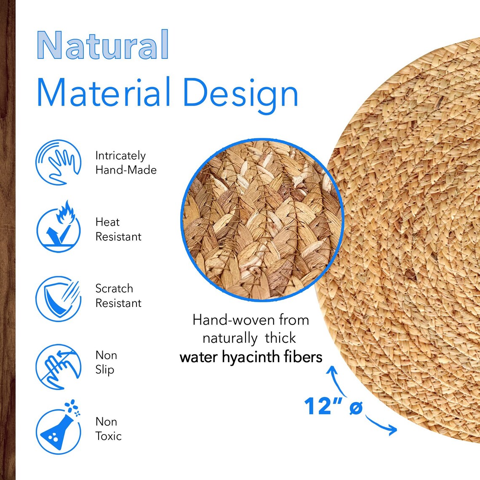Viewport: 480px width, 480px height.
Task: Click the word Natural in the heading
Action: pyautogui.click(x=103, y=45)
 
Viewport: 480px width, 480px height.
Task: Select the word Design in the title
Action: pyautogui.click(x=240, y=93)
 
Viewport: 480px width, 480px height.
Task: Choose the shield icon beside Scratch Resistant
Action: pyautogui.click(x=58, y=298)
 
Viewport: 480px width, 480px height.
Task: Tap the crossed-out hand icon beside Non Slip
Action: pyautogui.click(x=58, y=366)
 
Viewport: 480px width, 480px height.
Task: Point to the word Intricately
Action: pyautogui.click(x=120, y=156)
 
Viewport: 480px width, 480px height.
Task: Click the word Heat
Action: pyautogui.click(x=107, y=222)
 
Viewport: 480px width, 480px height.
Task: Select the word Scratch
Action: pyautogui.click(x=114, y=288)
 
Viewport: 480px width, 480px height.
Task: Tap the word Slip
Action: pyautogui.click(x=105, y=370)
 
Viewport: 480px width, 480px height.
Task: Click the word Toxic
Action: pyautogui.click(x=109, y=436)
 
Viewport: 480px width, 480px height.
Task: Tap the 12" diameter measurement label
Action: pyautogui.click(x=333, y=406)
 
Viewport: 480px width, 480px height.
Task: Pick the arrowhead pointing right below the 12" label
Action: pyautogui.click(x=393, y=430)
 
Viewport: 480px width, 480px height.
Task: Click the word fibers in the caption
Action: pyautogui.click(x=302, y=357)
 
